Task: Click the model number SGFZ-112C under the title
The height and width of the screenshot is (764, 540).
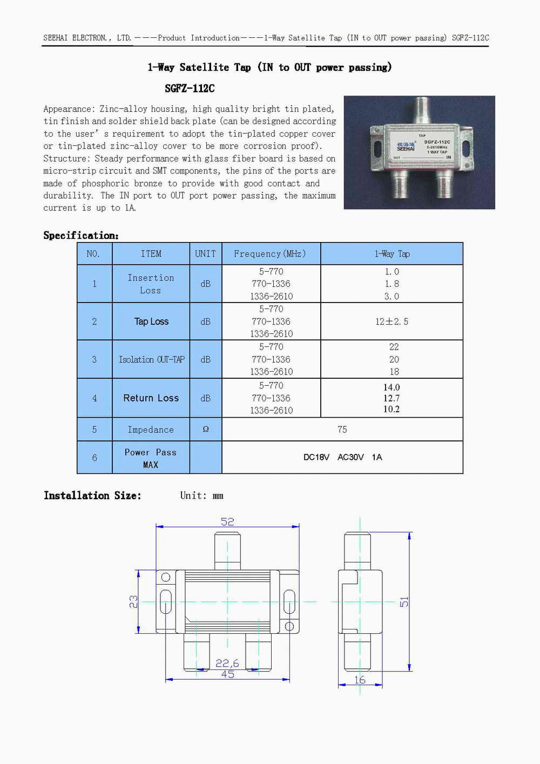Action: pyautogui.click(x=190, y=88)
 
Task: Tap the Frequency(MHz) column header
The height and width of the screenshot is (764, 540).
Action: pyautogui.click(x=270, y=253)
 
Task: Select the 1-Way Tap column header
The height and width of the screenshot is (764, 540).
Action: pyautogui.click(x=392, y=253)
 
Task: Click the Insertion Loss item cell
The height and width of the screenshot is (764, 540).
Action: pyautogui.click(x=151, y=284)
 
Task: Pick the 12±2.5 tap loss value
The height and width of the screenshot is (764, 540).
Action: pyautogui.click(x=392, y=321)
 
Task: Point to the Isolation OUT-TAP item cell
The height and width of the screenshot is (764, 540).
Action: pyautogui.click(x=151, y=359)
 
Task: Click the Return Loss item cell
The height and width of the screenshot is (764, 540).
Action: pyautogui.click(x=151, y=398)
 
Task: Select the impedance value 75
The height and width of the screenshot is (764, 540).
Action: pyautogui.click(x=342, y=430)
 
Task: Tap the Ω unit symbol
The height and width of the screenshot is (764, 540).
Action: pyautogui.click(x=206, y=429)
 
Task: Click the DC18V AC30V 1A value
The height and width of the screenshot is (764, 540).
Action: pyautogui.click(x=342, y=457)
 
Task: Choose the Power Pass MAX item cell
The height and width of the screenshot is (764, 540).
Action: pyautogui.click(x=151, y=458)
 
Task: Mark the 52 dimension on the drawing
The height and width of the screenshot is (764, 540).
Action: pyautogui.click(x=227, y=521)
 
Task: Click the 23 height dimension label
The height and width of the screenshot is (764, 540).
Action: pyautogui.click(x=133, y=601)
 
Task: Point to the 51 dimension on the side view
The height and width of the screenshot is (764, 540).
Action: pyautogui.click(x=404, y=601)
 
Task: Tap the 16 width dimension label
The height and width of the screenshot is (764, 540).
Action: pyautogui.click(x=360, y=680)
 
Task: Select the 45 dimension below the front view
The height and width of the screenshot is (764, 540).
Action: pyautogui.click(x=227, y=674)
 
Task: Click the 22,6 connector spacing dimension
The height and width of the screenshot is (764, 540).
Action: pyautogui.click(x=227, y=663)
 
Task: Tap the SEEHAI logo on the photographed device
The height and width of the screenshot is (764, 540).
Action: pyautogui.click(x=406, y=147)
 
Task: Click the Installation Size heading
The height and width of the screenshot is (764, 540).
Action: pyautogui.click(x=92, y=495)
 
